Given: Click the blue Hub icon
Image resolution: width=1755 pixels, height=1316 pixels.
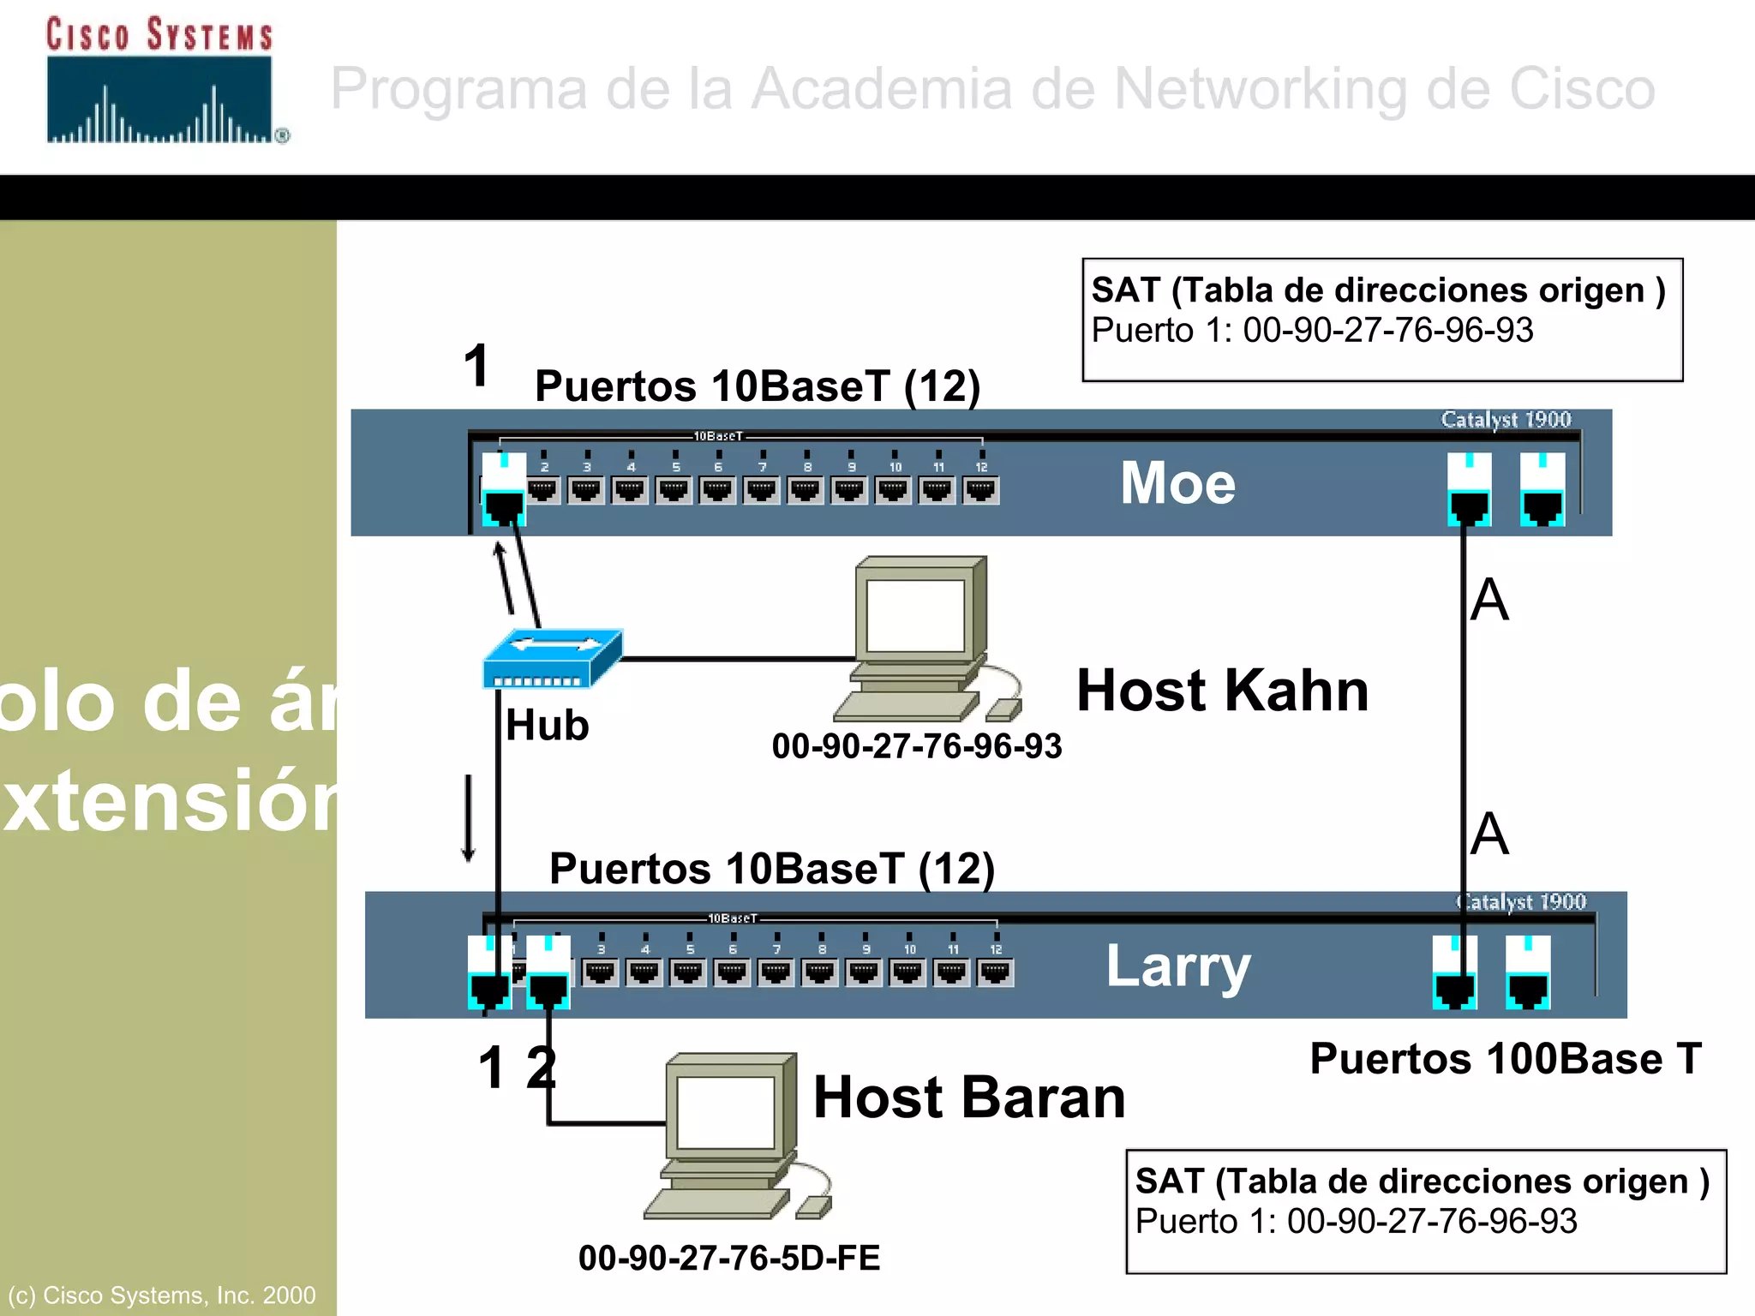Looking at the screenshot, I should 552,660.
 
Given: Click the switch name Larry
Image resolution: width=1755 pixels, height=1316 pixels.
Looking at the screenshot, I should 1177,966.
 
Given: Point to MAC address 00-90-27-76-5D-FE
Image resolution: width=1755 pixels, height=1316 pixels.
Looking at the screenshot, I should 729,1258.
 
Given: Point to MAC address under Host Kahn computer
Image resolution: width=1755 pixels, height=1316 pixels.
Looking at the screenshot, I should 916,746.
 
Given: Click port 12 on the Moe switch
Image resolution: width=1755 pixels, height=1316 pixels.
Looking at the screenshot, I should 981,490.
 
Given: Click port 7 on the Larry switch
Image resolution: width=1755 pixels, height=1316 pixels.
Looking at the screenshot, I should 776,972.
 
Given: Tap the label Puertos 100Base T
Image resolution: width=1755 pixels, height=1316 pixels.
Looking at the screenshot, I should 1505,1059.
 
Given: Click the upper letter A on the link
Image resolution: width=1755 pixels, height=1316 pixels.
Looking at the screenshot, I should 1489,600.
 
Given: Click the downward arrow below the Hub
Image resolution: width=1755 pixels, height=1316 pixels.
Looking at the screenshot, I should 469,818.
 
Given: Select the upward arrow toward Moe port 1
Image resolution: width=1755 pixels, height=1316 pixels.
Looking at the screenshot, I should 505,578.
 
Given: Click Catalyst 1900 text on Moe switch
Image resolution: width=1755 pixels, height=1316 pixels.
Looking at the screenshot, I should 1506,420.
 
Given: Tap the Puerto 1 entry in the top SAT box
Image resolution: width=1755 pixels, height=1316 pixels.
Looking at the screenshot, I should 1311,331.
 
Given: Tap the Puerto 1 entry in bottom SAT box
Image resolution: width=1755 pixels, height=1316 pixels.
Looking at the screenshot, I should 1356,1222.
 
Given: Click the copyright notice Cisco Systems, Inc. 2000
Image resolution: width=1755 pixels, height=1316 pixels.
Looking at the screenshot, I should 162,1295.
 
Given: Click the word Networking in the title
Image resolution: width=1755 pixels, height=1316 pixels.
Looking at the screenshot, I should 1260,89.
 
